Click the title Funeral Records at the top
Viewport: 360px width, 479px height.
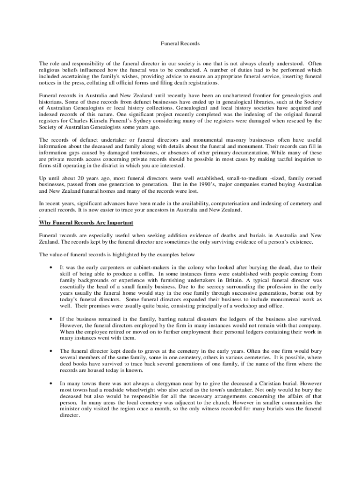(180, 44)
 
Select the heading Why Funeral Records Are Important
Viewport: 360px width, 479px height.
(86, 222)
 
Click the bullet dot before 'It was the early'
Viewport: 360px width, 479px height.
(50, 268)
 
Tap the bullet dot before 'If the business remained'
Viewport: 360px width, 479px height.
(50, 319)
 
